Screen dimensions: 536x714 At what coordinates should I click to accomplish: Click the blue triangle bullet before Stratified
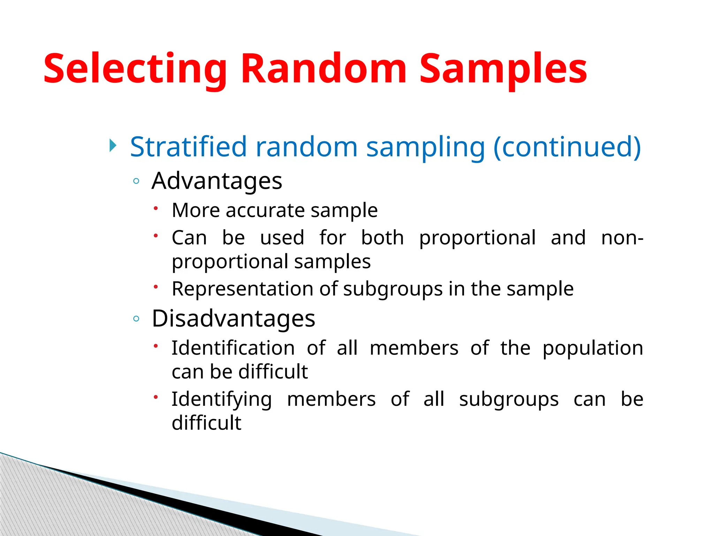(x=112, y=145)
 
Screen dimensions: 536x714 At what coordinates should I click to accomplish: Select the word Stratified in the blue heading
(x=188, y=147)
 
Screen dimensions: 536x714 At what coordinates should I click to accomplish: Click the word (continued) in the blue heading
(x=567, y=147)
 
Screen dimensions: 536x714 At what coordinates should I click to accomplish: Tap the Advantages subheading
(x=217, y=181)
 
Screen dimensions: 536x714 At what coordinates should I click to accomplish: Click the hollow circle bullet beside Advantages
(x=136, y=181)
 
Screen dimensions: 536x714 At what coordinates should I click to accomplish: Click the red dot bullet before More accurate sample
(x=156, y=208)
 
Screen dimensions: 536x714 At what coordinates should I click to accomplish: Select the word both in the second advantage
(x=382, y=238)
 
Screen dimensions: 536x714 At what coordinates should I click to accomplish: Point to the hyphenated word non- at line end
(x=622, y=238)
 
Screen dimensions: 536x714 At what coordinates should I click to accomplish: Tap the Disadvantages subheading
(x=233, y=319)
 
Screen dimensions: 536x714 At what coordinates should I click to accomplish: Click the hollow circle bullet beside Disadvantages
(x=136, y=319)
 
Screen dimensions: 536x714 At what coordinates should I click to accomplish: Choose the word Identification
(x=233, y=348)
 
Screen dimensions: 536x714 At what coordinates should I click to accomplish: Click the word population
(x=593, y=349)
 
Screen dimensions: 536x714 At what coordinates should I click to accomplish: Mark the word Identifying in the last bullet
(x=221, y=399)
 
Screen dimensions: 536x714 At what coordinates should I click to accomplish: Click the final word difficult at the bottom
(x=206, y=423)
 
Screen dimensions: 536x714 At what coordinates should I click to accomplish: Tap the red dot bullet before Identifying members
(x=156, y=397)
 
